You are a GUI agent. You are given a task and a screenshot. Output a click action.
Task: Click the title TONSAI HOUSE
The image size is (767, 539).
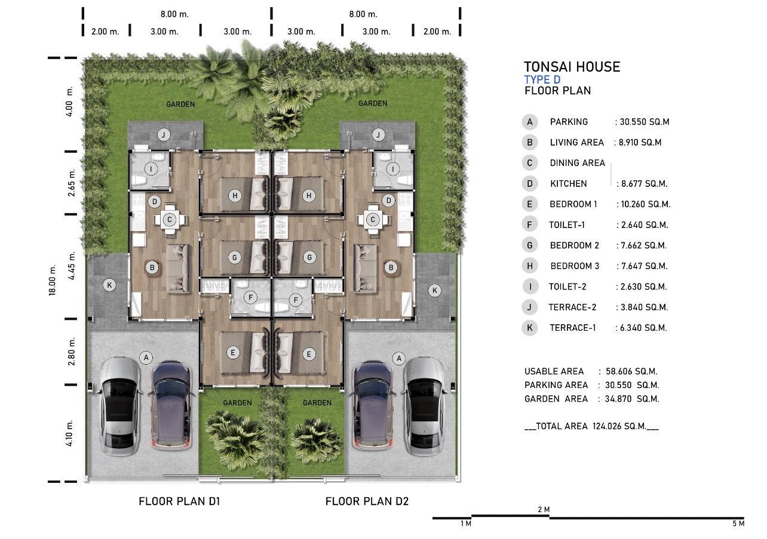[572, 67]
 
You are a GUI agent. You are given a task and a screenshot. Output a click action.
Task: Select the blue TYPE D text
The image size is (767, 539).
[542, 80]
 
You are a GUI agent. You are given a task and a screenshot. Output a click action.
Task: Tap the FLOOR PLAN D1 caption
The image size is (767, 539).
[179, 501]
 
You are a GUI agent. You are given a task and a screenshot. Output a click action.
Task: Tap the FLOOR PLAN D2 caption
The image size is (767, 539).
[367, 501]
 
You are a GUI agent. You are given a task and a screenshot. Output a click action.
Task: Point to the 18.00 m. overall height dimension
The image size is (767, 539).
[52, 280]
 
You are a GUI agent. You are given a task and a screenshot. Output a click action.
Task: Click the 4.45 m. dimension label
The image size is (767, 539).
[71, 266]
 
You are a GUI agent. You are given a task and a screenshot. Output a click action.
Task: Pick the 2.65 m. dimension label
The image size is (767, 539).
[71, 183]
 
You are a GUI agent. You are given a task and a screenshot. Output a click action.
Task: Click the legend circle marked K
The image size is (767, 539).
[530, 328]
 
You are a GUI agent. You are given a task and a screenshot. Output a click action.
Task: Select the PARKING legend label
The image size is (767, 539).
[569, 122]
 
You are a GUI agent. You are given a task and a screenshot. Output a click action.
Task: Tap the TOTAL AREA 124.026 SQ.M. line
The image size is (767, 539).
[591, 426]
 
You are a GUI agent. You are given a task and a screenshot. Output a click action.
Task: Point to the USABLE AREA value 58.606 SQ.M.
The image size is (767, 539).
[631, 371]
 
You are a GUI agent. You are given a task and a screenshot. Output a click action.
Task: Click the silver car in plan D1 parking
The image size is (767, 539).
[120, 406]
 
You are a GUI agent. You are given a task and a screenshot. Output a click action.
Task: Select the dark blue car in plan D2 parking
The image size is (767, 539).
[373, 405]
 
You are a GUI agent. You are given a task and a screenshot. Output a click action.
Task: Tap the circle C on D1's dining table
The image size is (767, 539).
[170, 220]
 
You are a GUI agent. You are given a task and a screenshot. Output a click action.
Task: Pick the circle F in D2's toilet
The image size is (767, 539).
[296, 300]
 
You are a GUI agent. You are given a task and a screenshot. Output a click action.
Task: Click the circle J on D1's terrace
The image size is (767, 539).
[164, 135]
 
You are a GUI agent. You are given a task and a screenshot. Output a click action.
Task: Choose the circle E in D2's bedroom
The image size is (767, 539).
[309, 354]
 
